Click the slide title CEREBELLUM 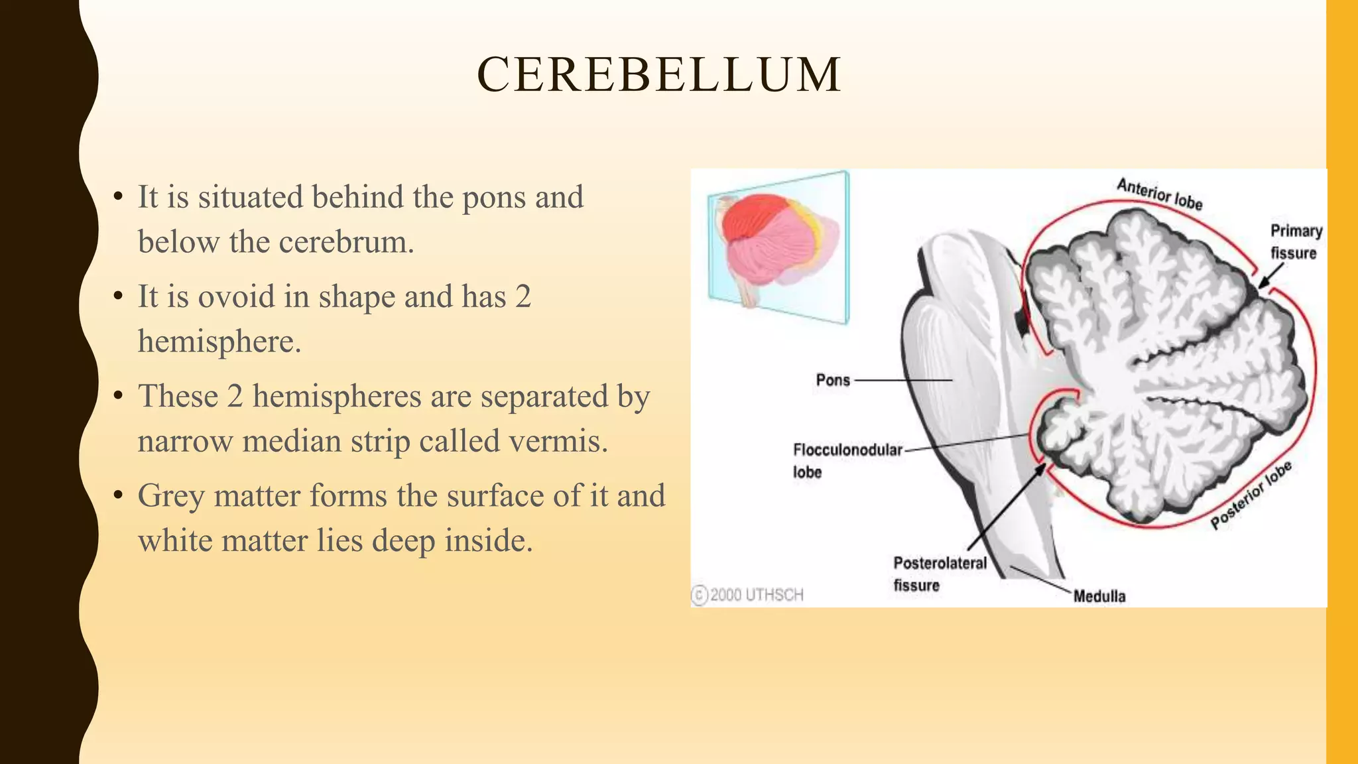[x=659, y=74]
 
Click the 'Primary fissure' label [x=1295, y=242]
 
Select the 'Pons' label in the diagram [x=833, y=380]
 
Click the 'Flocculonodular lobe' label [x=847, y=460]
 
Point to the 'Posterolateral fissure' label [x=939, y=574]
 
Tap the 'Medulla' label [x=1099, y=596]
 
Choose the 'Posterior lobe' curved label [x=1251, y=495]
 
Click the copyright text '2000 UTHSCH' [x=756, y=595]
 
